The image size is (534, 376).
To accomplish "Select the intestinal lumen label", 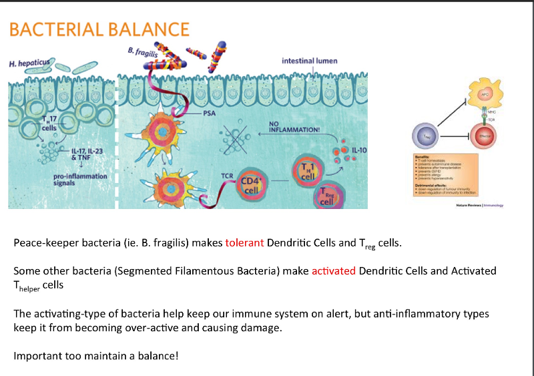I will (309, 61).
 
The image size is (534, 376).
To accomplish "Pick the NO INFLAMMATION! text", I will (294, 126).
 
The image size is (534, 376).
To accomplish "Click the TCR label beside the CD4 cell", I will (226, 175).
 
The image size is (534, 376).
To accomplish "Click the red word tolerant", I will (244, 242).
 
